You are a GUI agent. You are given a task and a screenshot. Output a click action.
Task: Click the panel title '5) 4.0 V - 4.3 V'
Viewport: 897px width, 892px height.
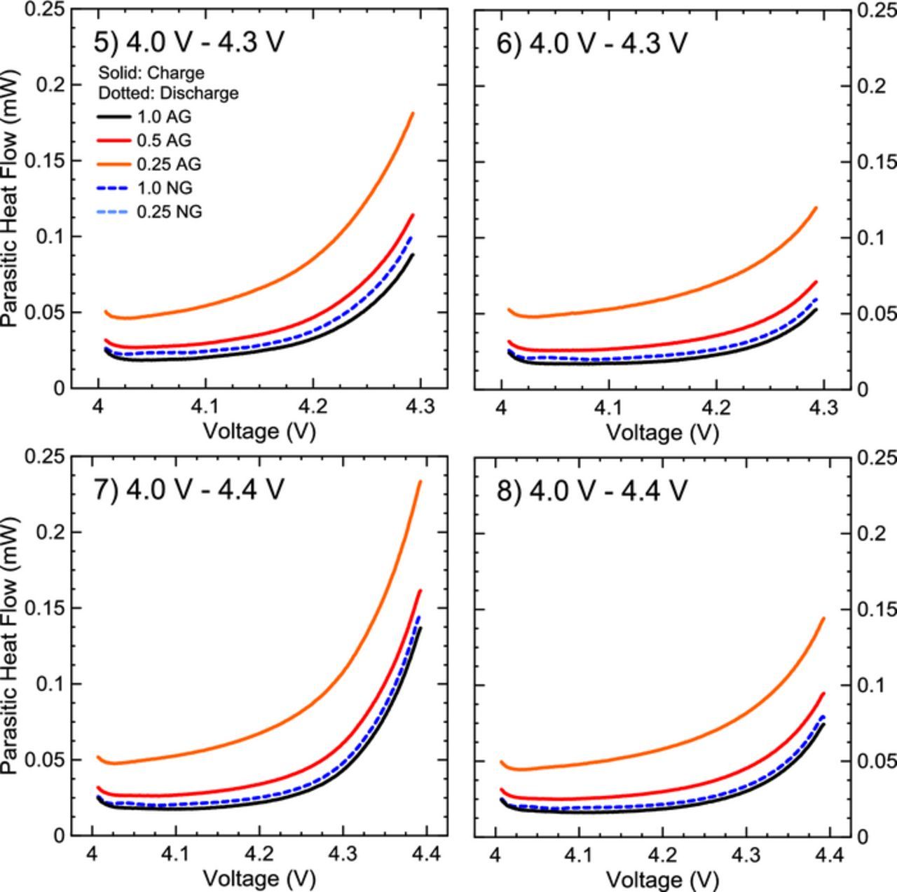coord(189,43)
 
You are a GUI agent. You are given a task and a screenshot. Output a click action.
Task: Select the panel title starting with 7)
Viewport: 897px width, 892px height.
coord(189,490)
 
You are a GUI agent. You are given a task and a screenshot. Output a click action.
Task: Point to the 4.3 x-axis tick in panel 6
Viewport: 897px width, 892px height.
coord(823,406)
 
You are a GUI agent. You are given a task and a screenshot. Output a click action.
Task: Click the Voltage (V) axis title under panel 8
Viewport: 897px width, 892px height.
coord(662,879)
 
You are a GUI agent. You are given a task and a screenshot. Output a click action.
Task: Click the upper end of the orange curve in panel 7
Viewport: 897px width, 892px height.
coord(420,481)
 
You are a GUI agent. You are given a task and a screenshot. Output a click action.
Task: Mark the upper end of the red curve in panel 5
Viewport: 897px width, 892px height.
coord(413,215)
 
